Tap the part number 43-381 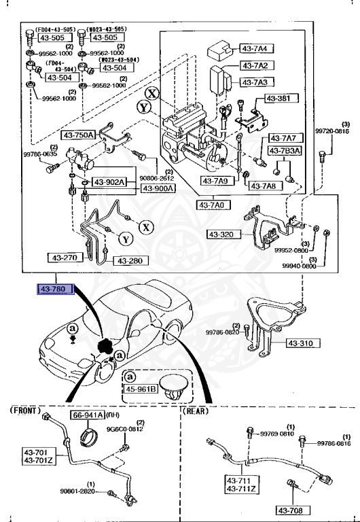pyautogui.click(x=279, y=99)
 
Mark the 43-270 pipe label pyautogui.click(x=65, y=258)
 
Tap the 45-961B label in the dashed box pyautogui.click(x=139, y=389)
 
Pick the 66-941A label pyautogui.click(x=88, y=434)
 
